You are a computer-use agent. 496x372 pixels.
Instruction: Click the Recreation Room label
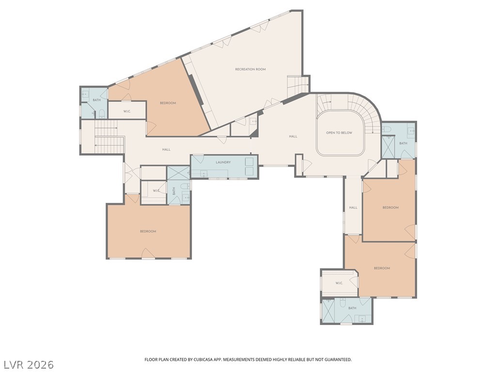(x=250, y=69)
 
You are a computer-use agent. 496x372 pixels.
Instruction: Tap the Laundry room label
(x=223, y=162)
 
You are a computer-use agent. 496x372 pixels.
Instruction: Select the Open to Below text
(x=339, y=133)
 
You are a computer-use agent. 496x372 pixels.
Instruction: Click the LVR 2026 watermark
(x=27, y=365)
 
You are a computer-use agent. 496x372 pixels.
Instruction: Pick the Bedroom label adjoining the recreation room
(x=168, y=103)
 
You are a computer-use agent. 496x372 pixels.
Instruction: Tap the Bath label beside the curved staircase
(x=403, y=143)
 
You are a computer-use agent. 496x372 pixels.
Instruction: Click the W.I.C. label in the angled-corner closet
(x=339, y=283)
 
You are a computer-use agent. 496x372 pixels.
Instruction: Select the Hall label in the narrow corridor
(x=353, y=207)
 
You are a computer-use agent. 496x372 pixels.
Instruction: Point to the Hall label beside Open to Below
(x=293, y=136)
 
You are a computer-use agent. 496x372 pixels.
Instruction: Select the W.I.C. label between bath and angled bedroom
(x=127, y=111)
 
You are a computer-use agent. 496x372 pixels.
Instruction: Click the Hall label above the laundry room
(x=167, y=150)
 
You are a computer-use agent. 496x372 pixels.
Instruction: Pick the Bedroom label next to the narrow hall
(x=390, y=207)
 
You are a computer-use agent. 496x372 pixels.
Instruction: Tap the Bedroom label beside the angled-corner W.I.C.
(x=382, y=268)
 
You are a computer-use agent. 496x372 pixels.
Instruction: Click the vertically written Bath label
(x=174, y=191)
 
